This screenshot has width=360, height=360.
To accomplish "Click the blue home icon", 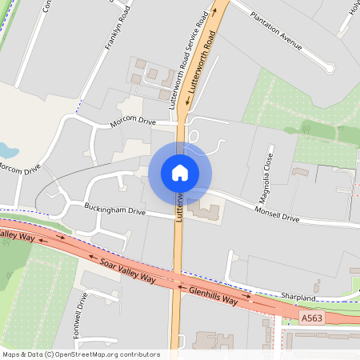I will [180, 173].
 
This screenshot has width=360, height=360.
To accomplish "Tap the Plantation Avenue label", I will [276, 30].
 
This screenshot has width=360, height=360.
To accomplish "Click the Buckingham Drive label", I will [115, 212].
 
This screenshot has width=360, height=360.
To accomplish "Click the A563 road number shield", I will [313, 318].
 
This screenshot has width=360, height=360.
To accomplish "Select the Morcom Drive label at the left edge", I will [18, 169].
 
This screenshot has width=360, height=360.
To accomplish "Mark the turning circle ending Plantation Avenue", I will [330, 69].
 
